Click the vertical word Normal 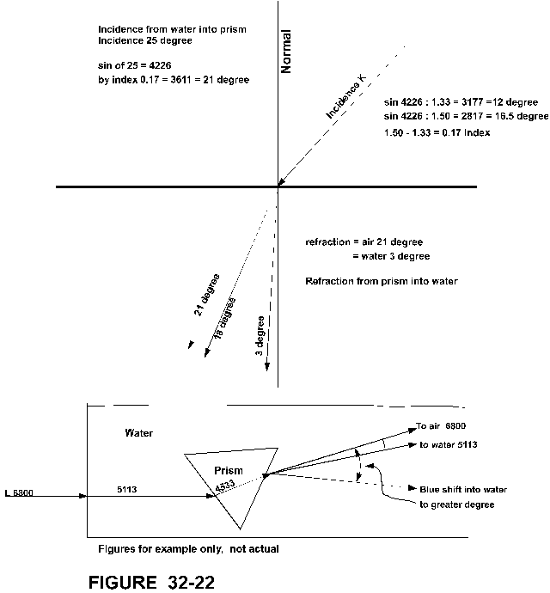point(286,52)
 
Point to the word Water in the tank point(138,433)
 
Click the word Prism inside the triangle point(229,470)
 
